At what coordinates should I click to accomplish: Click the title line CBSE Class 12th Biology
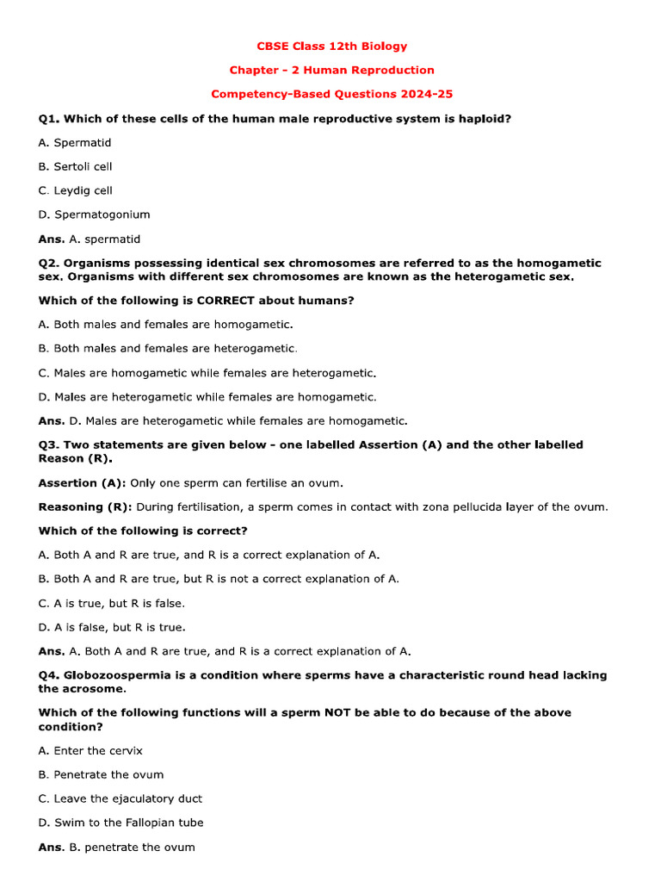pos(331,47)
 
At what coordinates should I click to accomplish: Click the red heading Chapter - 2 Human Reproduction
pos(331,71)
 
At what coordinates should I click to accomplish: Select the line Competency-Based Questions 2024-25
pos(331,95)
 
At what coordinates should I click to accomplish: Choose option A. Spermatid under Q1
pos(75,143)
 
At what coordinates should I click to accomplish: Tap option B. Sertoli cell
pos(76,167)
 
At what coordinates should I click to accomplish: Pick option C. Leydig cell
pos(76,191)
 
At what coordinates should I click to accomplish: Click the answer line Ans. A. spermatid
pos(90,239)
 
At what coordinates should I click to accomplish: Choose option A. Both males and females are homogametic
pos(166,325)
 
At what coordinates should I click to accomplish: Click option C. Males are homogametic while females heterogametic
pos(207,373)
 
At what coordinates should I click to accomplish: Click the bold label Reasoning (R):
pos(85,507)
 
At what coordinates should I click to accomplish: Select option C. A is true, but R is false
pos(112,604)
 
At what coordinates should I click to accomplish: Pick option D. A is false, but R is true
pos(112,628)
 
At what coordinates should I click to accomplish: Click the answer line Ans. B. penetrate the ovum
pos(117,848)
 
